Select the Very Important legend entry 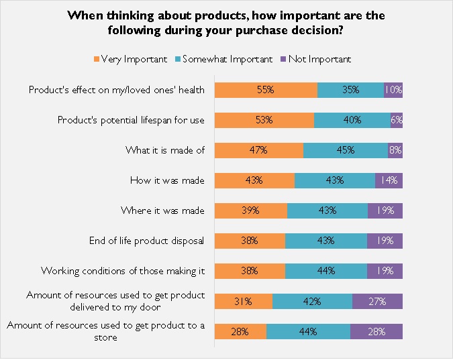coord(131,59)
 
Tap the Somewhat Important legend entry coord(225,59)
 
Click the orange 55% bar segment coord(266,90)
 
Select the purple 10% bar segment coord(393,90)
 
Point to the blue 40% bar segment coord(352,120)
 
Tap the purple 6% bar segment coord(397,120)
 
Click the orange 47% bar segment coord(258,150)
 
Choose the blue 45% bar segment coord(346,150)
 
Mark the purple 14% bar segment coord(389,180)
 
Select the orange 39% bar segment coord(251,211)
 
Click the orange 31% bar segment coord(244,301)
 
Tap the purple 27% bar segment coord(377,301)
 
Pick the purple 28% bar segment coord(376,331)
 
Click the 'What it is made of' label coord(165,150)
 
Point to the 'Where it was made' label coord(162,211)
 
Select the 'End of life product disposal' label coord(147,241)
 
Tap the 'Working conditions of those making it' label coord(123,271)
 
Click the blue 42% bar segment coord(312,301)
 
